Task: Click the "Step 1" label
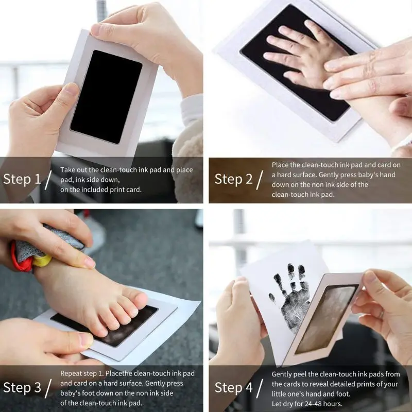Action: pyautogui.click(x=22, y=179)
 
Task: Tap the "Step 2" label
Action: pyautogui.click(x=233, y=179)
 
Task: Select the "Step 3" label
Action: pyautogui.click(x=22, y=388)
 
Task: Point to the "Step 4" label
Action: pyautogui.click(x=233, y=388)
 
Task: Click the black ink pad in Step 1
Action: pyautogui.click(x=106, y=96)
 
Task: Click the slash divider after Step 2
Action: pyautogui.click(x=261, y=180)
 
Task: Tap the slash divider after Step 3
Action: pyautogui.click(x=49, y=388)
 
